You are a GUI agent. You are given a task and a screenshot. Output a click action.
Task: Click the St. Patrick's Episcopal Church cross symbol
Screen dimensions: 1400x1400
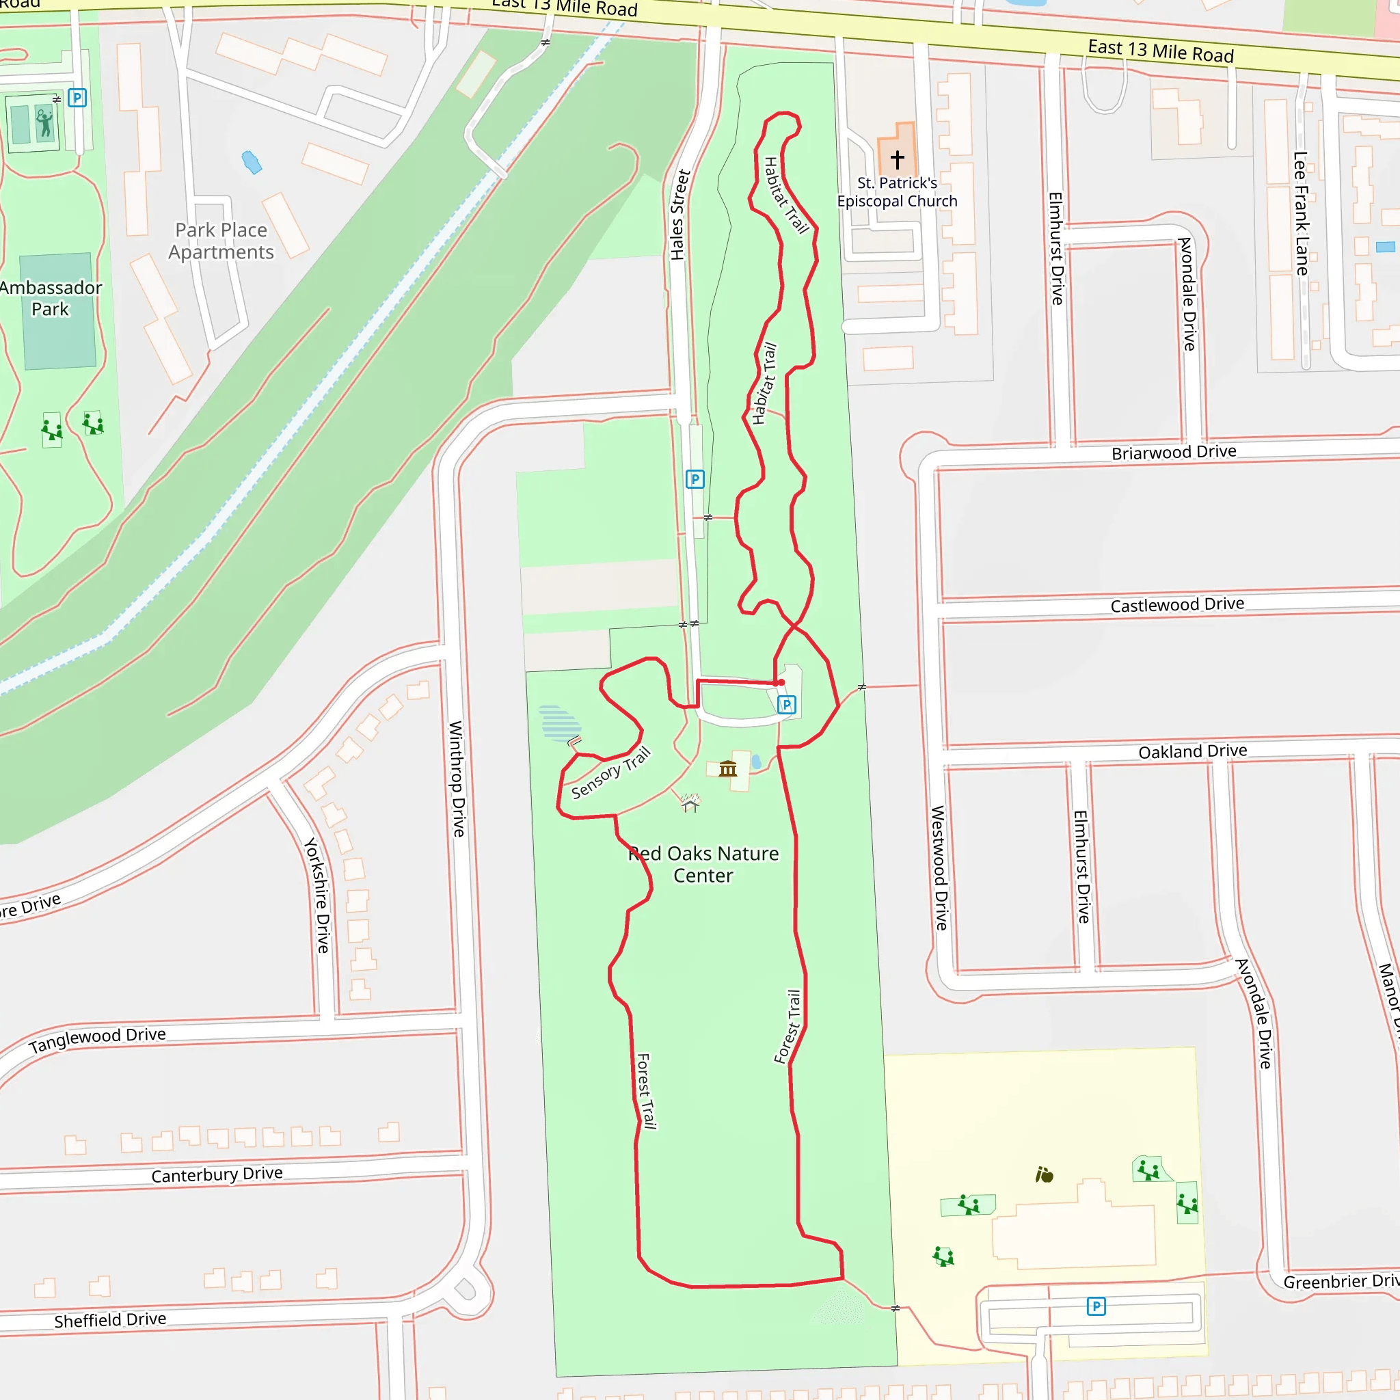(897, 159)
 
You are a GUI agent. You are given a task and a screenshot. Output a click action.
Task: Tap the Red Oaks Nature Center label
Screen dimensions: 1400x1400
(703, 864)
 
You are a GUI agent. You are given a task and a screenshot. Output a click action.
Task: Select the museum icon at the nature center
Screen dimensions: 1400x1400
(727, 768)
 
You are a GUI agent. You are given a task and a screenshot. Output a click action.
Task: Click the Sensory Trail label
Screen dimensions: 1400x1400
(610, 773)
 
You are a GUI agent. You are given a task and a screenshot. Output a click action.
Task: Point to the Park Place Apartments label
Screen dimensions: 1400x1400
(221, 241)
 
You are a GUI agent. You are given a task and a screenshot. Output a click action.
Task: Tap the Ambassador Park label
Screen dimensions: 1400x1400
(50, 298)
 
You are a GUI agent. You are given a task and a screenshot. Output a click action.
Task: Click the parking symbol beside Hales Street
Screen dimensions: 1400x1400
(695, 479)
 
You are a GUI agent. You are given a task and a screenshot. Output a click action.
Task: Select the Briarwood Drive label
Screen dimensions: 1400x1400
(1173, 452)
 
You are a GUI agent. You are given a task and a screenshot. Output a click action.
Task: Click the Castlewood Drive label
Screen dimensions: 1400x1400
(1177, 604)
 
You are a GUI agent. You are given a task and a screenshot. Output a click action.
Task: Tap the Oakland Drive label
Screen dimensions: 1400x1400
(1192, 751)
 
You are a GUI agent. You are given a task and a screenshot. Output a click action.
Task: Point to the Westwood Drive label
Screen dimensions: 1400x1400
(939, 867)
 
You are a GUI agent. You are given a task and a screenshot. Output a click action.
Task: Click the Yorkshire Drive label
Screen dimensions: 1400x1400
(317, 895)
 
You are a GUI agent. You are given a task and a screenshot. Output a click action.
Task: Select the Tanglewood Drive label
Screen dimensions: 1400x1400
(97, 1040)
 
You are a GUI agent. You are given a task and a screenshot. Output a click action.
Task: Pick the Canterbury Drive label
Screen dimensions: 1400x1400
(217, 1174)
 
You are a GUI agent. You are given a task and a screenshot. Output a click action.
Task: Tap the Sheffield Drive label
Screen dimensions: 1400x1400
(110, 1319)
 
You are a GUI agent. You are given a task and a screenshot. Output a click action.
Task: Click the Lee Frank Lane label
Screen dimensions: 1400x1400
(1301, 213)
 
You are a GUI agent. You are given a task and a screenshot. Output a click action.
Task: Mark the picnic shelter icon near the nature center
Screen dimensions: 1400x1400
(690, 803)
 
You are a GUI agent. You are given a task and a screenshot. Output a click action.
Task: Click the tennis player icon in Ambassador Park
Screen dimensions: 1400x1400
(45, 123)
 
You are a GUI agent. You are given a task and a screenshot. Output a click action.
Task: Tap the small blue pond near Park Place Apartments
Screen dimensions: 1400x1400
(252, 162)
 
